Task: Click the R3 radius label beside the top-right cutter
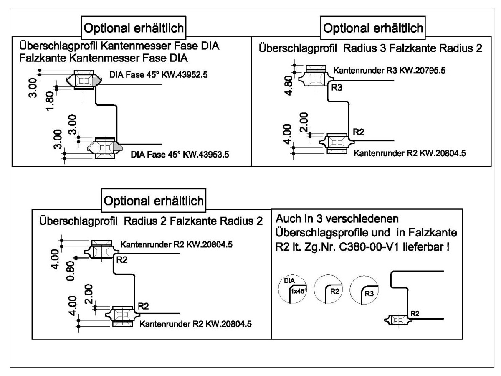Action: pyautogui.click(x=337, y=88)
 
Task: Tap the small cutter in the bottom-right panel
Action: pyautogui.click(x=397, y=320)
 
